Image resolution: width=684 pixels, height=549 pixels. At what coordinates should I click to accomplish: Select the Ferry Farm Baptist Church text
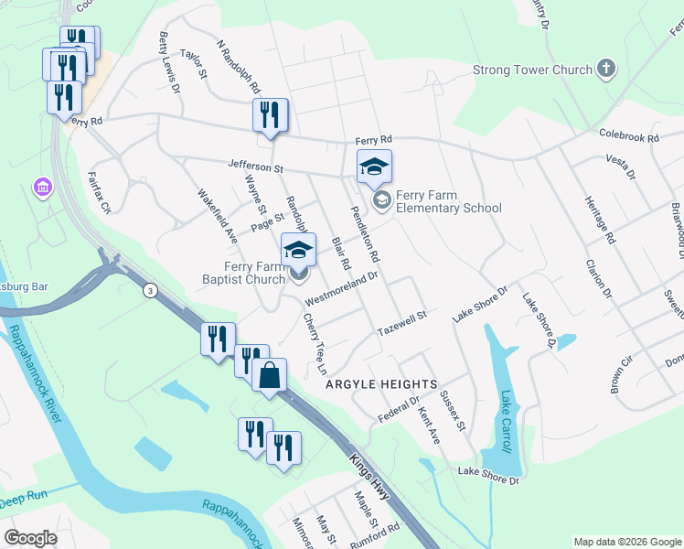pyautogui.click(x=242, y=272)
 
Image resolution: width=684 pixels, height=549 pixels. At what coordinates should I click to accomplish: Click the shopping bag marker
pyautogui.click(x=270, y=375)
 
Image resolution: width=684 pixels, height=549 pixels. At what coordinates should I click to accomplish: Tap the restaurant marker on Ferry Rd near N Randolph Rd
pyautogui.click(x=270, y=115)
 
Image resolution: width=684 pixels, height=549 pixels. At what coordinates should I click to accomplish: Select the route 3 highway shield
pyautogui.click(x=149, y=290)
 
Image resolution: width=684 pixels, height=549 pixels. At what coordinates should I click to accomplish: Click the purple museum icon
pyautogui.click(x=40, y=188)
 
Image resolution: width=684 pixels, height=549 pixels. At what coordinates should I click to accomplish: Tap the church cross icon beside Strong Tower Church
pyautogui.click(x=606, y=69)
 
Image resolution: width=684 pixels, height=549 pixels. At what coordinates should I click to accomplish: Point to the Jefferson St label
pyautogui.click(x=257, y=168)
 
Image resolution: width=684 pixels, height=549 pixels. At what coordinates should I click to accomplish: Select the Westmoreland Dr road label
pyautogui.click(x=341, y=286)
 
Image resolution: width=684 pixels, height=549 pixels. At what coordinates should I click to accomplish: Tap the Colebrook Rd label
pyautogui.click(x=628, y=136)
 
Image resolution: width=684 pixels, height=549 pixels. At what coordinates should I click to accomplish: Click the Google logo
pyautogui.click(x=31, y=538)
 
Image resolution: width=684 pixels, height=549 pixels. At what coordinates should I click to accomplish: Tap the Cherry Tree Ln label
pyautogui.click(x=315, y=345)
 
